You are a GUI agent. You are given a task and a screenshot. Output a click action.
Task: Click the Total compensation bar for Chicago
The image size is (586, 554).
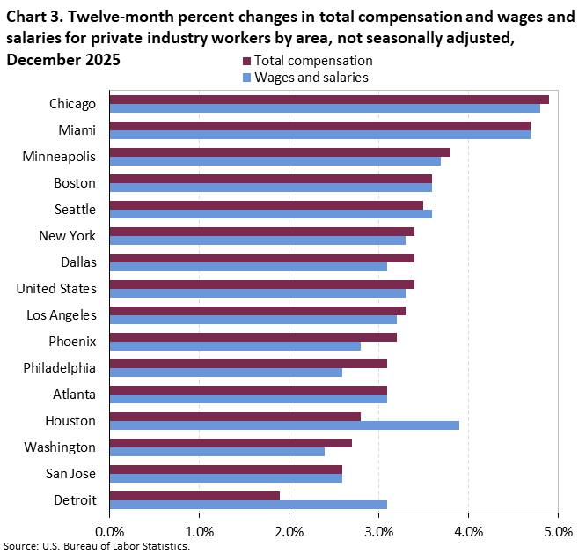[329, 99]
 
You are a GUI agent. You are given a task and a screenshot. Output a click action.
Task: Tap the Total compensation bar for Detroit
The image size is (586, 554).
[194, 495]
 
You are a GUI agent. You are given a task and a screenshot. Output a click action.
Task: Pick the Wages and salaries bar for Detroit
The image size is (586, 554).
[248, 505]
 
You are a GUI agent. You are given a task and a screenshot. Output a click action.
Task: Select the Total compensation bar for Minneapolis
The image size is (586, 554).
[280, 151]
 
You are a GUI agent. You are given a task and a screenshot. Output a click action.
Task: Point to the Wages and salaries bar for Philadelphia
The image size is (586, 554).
[226, 373]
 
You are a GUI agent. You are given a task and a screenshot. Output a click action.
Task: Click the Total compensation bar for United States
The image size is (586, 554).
[261, 284]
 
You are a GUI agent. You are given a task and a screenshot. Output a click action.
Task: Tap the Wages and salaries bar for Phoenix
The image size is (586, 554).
[235, 346]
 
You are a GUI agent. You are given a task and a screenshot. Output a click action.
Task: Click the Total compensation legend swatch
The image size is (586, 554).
[246, 61]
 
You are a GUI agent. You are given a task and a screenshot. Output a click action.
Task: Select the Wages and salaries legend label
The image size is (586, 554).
[311, 77]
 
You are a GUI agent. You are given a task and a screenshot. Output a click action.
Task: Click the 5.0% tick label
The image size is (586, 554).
[558, 531]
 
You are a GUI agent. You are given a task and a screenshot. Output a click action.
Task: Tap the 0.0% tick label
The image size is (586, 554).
[110, 531]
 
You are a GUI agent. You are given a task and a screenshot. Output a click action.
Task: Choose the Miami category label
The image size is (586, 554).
[77, 130]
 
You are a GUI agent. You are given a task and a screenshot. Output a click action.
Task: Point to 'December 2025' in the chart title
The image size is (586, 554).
[62, 60]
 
